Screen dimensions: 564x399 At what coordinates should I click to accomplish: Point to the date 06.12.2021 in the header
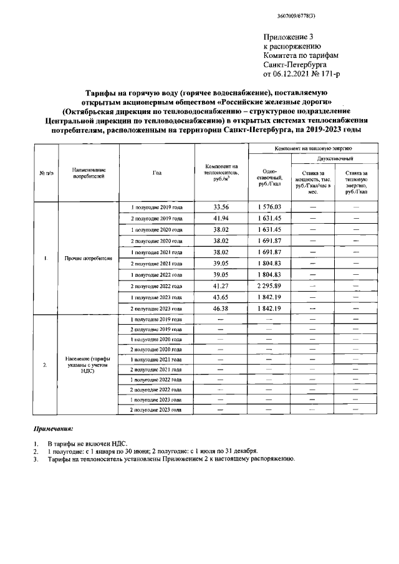point(296,75)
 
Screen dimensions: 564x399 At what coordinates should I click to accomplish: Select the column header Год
point(156,173)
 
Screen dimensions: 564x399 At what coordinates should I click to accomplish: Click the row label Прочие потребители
point(87,259)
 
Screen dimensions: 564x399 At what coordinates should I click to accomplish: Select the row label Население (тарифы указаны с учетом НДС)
point(87,365)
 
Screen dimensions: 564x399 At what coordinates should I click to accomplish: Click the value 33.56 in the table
point(221,207)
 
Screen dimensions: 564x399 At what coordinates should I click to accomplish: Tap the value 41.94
point(221,219)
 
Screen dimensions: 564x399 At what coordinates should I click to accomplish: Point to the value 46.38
point(221,308)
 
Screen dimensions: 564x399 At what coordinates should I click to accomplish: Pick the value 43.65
point(221,297)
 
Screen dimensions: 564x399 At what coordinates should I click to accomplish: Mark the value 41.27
point(221,285)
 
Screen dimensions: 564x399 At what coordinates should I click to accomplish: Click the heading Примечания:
point(53,429)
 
